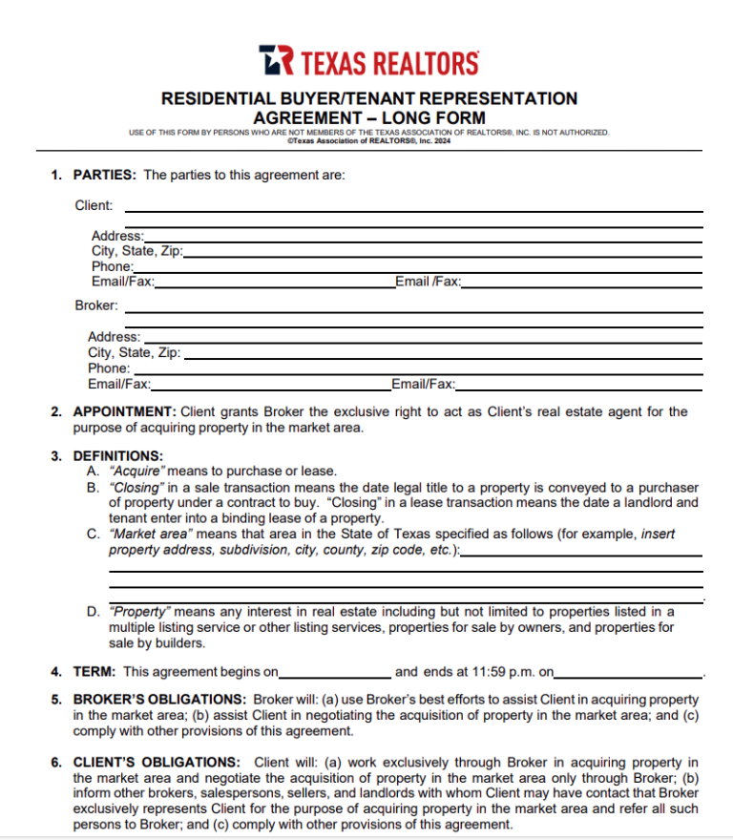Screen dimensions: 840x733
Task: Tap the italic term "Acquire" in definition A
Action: point(138,472)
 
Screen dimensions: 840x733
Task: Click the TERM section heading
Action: point(94,672)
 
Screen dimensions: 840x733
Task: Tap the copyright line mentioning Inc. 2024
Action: point(368,139)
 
